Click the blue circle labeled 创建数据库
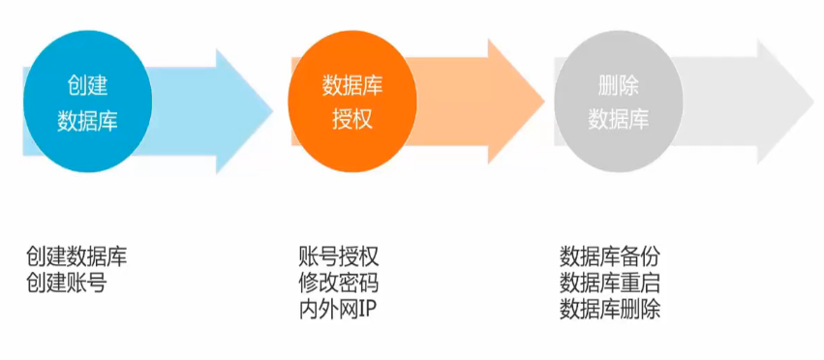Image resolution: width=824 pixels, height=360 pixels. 87,104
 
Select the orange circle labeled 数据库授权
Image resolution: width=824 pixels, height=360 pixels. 352,104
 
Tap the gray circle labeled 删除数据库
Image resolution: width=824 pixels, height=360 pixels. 618,104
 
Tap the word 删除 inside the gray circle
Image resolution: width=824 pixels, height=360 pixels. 618,86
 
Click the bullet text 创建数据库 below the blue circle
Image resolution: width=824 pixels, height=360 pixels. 76,257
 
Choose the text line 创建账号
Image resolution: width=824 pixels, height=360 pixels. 66,283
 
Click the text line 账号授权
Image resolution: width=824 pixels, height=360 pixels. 339,257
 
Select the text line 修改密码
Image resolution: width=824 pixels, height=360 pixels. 339,284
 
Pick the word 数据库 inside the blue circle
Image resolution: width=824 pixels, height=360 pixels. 87,120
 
